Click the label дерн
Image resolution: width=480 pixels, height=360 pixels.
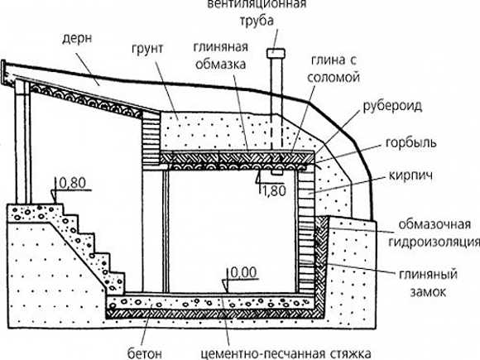tap(77, 40)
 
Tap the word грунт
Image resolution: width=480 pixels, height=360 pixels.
tap(148, 50)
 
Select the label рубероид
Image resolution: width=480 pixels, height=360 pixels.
tap(392, 106)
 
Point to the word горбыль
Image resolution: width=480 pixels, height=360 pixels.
tap(410, 143)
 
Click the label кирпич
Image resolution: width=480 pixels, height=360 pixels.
tap(410, 176)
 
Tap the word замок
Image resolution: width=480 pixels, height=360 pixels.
tap(428, 292)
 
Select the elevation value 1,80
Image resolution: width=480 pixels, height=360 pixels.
tap(274, 190)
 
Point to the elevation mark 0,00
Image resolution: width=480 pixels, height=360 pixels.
tap(243, 272)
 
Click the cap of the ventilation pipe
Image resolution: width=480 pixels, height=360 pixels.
tap(276, 53)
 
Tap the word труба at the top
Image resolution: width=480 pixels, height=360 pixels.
tap(257, 22)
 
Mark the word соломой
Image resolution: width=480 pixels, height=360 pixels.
tap(334, 77)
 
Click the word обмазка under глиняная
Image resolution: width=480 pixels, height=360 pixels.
tap(220, 64)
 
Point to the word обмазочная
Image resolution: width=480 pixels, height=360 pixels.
tap(434, 225)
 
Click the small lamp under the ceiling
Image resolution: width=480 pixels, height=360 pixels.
tap(277, 173)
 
